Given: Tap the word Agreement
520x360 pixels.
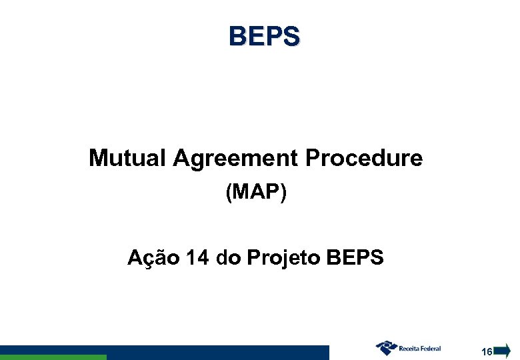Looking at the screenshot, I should coord(235,159).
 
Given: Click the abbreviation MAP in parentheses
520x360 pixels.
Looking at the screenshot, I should coord(256,193).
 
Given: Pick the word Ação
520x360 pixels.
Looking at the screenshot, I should coord(152,257).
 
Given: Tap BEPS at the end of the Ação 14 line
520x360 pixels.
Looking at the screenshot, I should coord(356,257).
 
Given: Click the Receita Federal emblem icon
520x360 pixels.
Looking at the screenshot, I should coord(386,347).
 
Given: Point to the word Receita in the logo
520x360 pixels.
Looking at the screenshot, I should coord(411,348).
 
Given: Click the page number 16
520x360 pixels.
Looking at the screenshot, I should coord(487,351).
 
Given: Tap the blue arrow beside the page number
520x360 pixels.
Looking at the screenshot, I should coord(502,349).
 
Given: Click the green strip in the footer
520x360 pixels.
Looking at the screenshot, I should coord(53,357).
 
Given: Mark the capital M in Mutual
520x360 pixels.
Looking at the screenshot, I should coord(97,159).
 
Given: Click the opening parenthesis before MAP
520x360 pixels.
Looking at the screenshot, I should coord(229,193).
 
